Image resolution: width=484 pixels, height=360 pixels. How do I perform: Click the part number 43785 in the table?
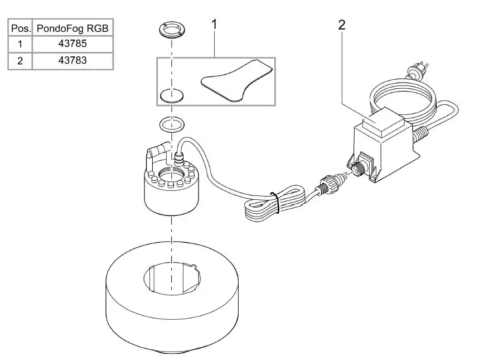pos(72,43)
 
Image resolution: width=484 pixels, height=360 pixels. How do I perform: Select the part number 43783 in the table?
pos(72,60)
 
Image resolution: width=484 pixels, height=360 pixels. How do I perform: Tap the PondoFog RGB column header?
pos(72,27)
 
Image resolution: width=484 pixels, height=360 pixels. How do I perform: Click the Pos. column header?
pos(20,27)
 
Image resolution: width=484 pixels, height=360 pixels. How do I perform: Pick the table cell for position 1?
pos(20,43)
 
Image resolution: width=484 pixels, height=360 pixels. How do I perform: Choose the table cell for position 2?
pos(20,60)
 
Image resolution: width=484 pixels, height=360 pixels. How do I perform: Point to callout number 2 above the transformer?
pos(341,24)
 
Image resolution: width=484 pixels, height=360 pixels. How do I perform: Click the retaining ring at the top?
pos(171,30)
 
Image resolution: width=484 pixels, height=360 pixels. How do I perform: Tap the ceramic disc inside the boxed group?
pos(172,95)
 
